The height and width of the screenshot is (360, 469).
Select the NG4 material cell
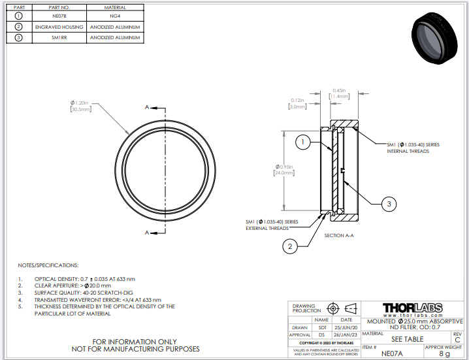115,16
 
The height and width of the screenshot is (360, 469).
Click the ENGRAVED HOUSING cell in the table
59,27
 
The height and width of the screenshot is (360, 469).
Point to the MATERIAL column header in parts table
115,7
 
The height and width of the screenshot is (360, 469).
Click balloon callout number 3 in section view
389,205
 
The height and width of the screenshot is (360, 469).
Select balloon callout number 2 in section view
290,246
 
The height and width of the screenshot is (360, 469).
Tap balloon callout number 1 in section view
302,141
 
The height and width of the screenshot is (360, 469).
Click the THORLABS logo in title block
412,308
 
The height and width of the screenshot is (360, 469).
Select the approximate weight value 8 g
444,353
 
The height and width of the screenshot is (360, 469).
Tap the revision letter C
457,340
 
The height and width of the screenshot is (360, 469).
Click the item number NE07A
392,353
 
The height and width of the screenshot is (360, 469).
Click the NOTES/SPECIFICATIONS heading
48,265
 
